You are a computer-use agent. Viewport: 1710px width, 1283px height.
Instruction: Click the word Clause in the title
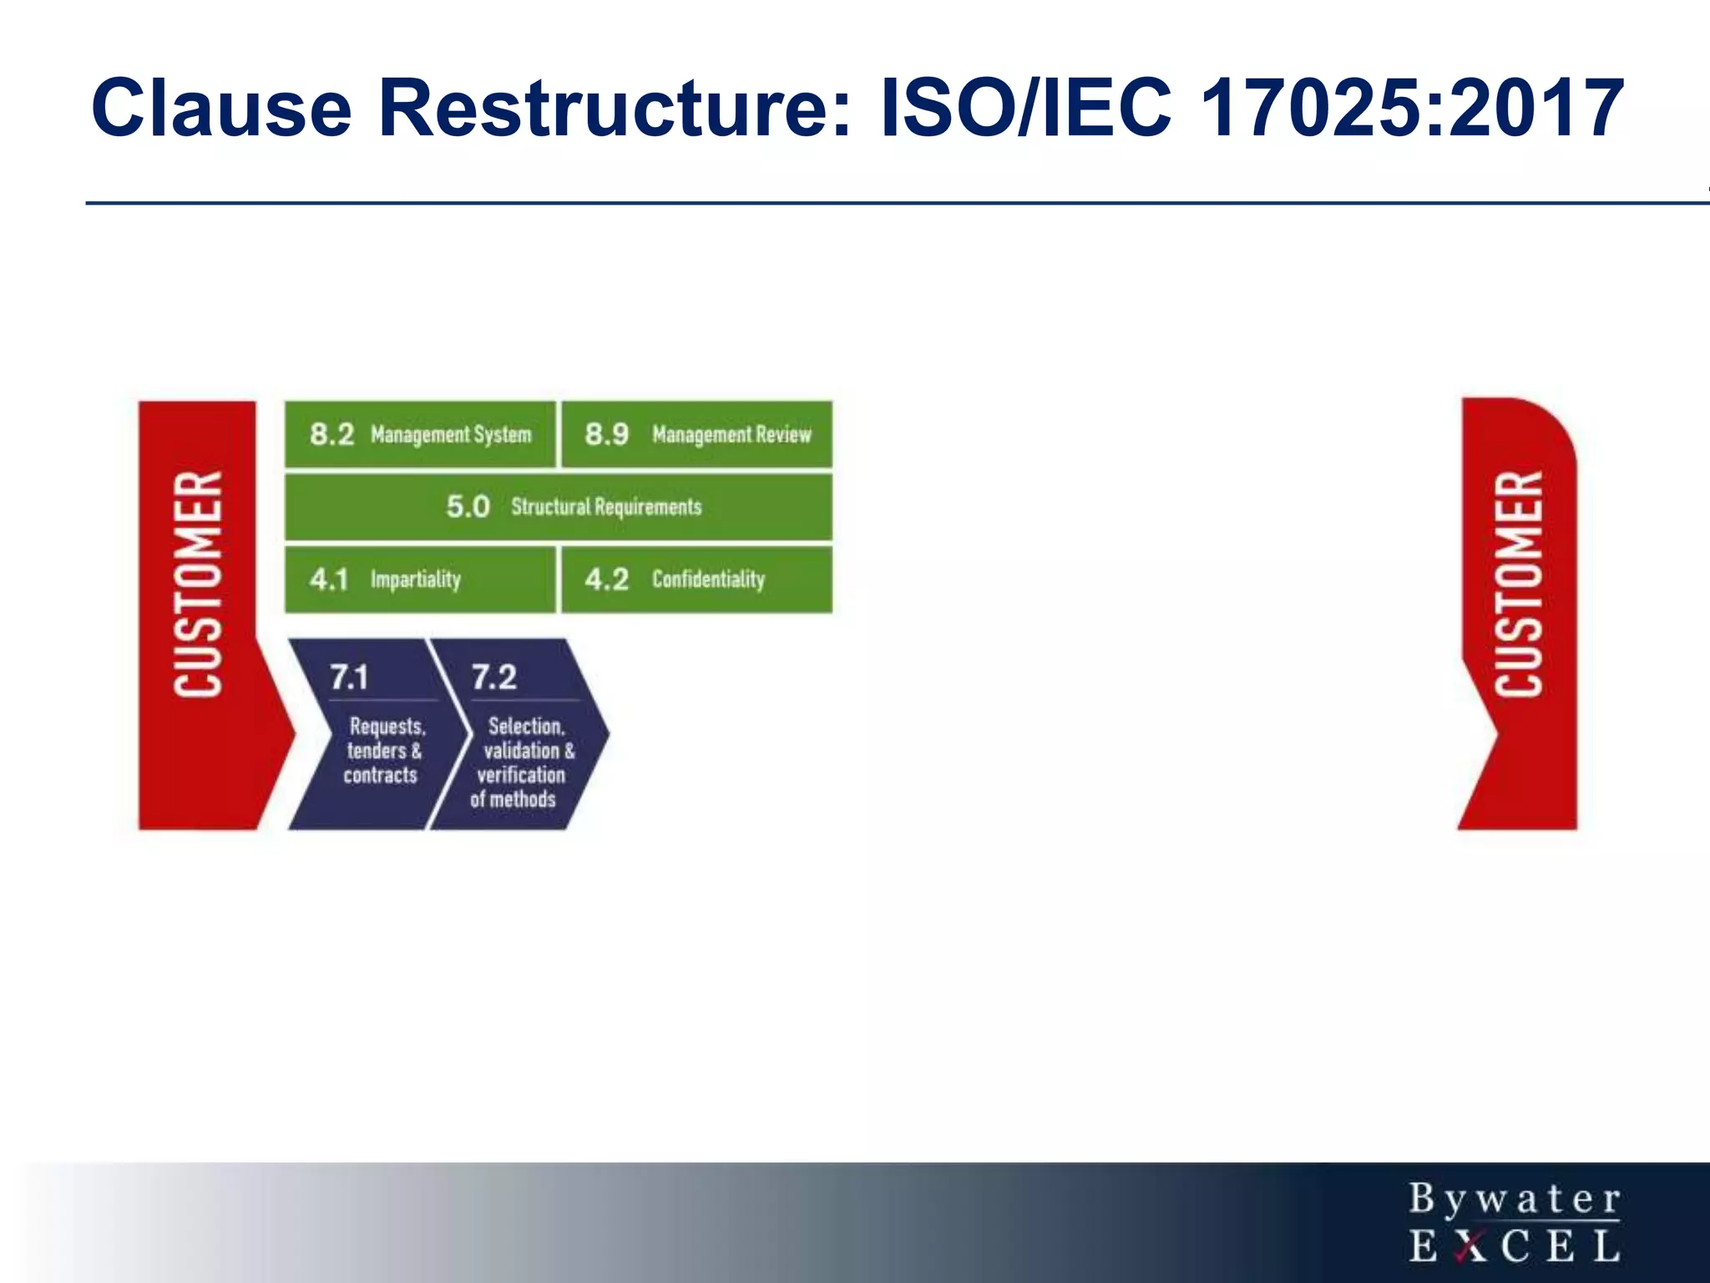point(221,109)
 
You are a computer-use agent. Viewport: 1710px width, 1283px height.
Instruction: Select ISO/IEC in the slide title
point(1026,109)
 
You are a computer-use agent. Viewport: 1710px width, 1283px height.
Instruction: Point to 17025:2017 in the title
point(1411,109)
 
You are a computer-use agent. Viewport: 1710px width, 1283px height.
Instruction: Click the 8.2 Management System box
point(420,434)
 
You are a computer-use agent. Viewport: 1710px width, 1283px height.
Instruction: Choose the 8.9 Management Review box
point(697,434)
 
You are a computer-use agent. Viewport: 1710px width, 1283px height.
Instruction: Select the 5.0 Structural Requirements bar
point(559,507)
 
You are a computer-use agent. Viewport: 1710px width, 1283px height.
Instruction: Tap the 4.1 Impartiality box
point(420,580)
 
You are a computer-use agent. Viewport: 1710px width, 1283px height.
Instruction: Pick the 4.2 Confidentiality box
point(697,580)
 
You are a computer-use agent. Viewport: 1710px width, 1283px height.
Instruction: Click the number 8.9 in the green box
point(606,434)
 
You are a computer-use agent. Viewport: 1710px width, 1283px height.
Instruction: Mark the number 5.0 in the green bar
point(468,507)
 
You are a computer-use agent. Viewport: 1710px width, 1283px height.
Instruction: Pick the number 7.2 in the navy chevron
point(494,677)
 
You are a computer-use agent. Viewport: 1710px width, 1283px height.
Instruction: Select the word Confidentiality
point(708,580)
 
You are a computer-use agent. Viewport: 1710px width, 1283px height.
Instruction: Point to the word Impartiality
point(415,580)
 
